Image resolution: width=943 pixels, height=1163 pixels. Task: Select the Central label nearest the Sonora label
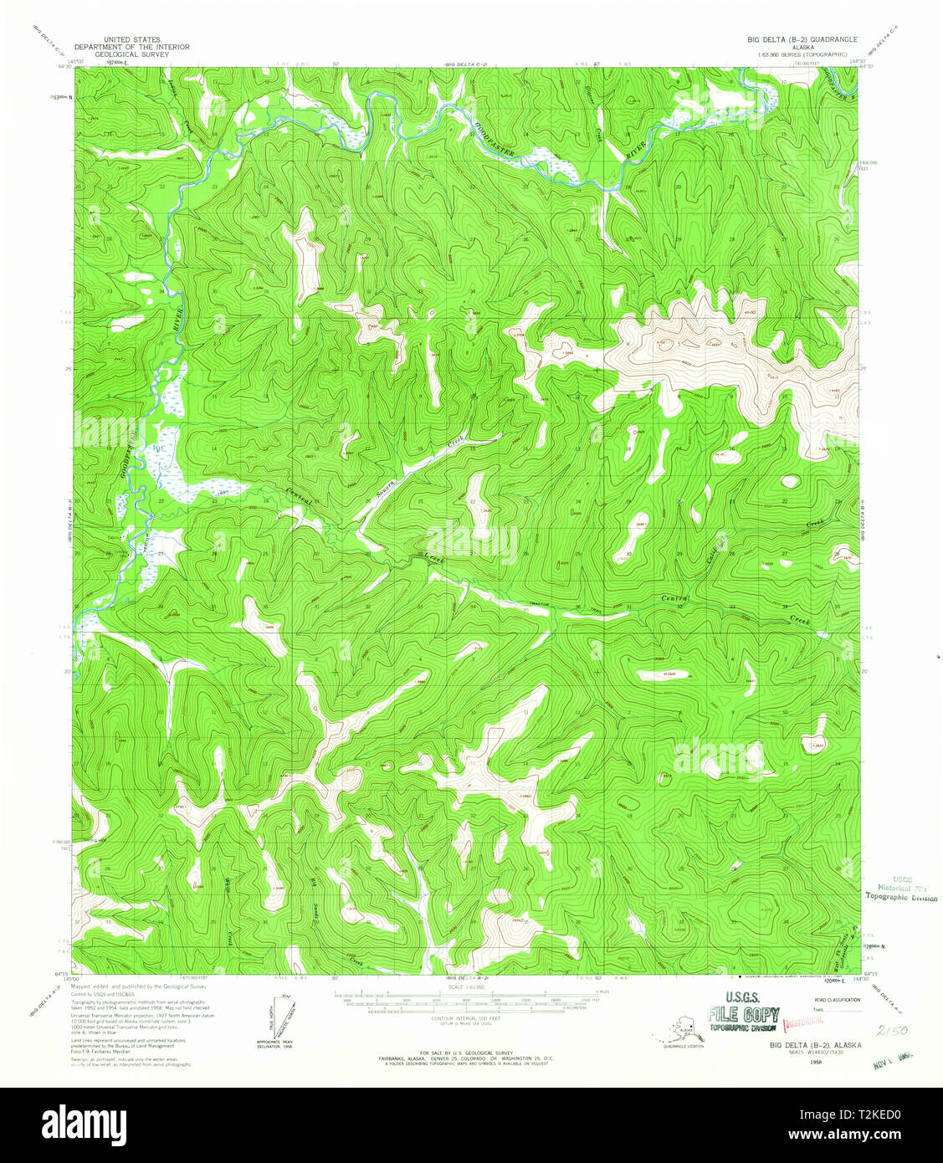click(x=299, y=495)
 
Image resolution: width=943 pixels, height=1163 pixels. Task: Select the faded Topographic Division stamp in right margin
click(x=902, y=896)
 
